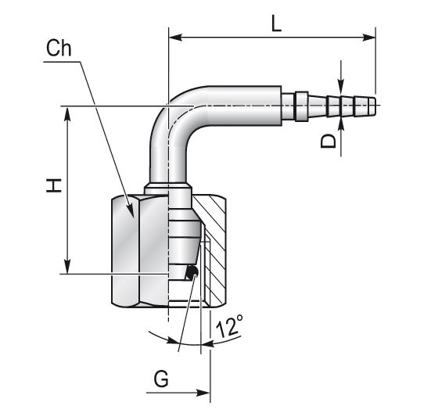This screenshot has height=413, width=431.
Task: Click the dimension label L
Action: tap(277, 23)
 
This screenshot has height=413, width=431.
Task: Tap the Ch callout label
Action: tap(59, 48)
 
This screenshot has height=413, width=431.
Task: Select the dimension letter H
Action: tap(54, 185)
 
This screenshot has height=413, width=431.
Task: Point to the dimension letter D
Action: tap(329, 142)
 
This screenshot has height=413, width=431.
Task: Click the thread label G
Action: tap(161, 379)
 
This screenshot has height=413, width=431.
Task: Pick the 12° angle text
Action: tap(229, 326)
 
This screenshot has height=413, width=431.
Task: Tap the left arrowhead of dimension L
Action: tap(175, 38)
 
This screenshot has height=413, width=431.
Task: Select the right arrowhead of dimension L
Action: tap(369, 38)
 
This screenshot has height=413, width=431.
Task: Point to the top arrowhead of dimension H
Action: tap(67, 113)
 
